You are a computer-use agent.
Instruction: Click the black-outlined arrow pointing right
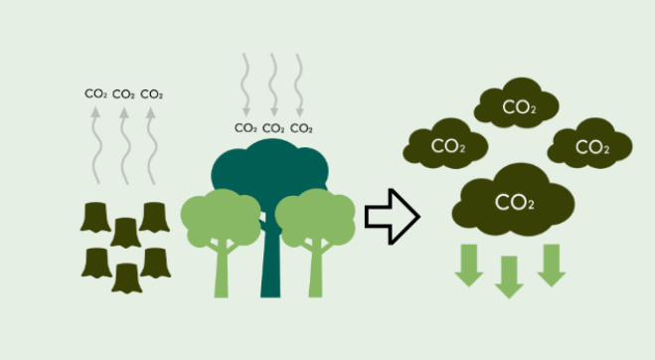391,216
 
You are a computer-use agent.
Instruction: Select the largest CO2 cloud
513,203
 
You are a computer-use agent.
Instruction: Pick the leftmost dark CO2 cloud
446,146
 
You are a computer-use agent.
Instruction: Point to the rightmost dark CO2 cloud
590,147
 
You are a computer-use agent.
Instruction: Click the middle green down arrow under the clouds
509,275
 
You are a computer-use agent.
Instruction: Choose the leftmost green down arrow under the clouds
467,264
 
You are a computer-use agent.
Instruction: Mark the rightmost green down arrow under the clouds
551,264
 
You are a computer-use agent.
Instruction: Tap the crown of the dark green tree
268,169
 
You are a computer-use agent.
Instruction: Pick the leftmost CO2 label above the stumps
95,94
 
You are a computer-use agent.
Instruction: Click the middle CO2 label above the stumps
123,94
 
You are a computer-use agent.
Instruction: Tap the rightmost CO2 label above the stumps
151,94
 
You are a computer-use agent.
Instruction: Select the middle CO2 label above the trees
273,127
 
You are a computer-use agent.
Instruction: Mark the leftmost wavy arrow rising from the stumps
95,144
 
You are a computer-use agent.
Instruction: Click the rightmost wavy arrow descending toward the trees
301,85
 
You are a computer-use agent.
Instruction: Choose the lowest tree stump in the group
127,278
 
